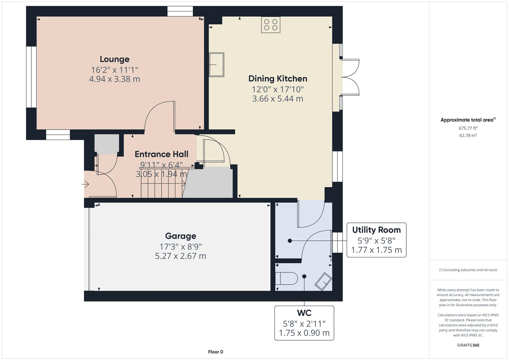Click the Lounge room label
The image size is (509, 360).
(114, 59)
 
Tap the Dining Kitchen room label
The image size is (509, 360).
(278, 79)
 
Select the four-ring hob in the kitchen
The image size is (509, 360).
(271, 25)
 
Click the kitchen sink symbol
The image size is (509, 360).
(216, 65)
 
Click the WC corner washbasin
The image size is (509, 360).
(323, 281)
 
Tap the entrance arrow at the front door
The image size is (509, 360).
(86, 184)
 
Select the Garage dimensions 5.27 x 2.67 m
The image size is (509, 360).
(180, 256)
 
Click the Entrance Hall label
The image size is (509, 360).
(161, 154)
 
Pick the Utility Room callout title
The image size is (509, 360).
(376, 230)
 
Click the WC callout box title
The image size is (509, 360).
(304, 313)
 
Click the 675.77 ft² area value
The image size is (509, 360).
(468, 128)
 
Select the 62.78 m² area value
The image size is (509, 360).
(468, 135)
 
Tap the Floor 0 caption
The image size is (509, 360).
(215, 352)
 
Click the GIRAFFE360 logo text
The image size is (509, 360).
(468, 345)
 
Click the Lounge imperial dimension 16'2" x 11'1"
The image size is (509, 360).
(114, 70)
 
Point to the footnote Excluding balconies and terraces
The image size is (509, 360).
(468, 270)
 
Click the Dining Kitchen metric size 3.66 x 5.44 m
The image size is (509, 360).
(278, 99)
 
